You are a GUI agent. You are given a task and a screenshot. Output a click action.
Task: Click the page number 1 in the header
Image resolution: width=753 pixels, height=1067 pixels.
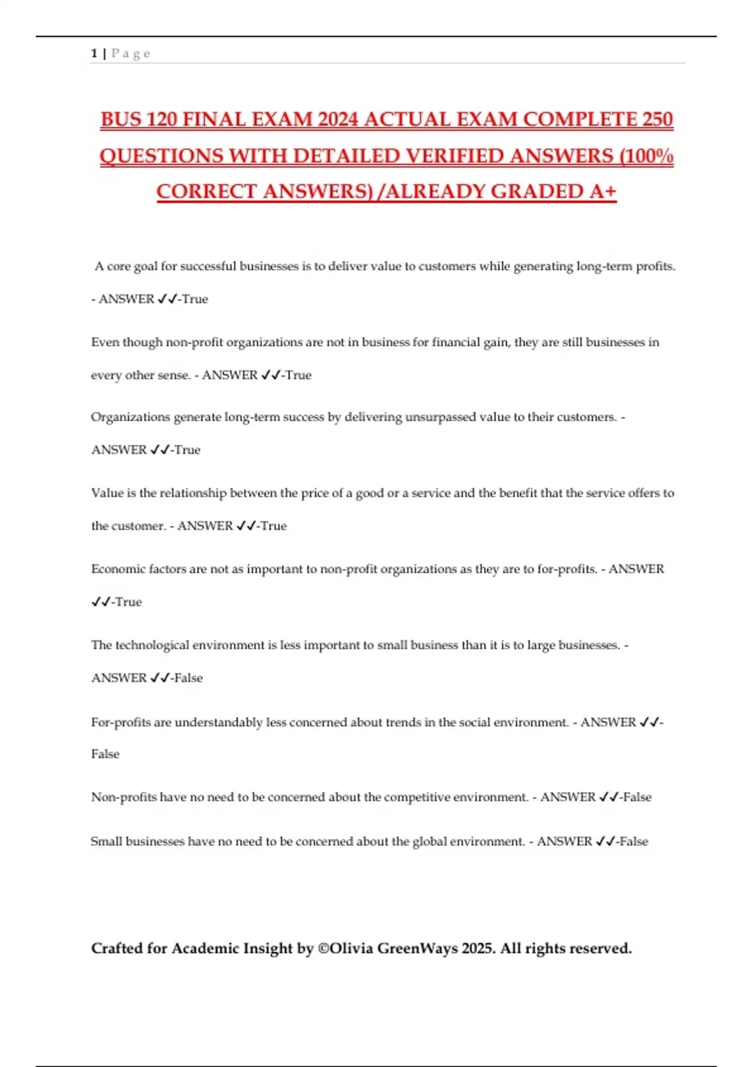pos(94,53)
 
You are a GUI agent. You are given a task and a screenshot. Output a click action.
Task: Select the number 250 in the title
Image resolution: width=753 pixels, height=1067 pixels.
pos(657,119)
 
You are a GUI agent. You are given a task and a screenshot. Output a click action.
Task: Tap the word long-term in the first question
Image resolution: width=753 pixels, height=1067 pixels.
pos(604,266)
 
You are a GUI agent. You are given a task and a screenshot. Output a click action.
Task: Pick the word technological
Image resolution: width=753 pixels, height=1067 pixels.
pos(152,645)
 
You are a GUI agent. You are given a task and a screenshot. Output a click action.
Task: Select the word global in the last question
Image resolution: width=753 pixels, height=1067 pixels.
pos(429,842)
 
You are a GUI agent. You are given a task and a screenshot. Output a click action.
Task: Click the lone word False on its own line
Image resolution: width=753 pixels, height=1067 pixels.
pos(105,754)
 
